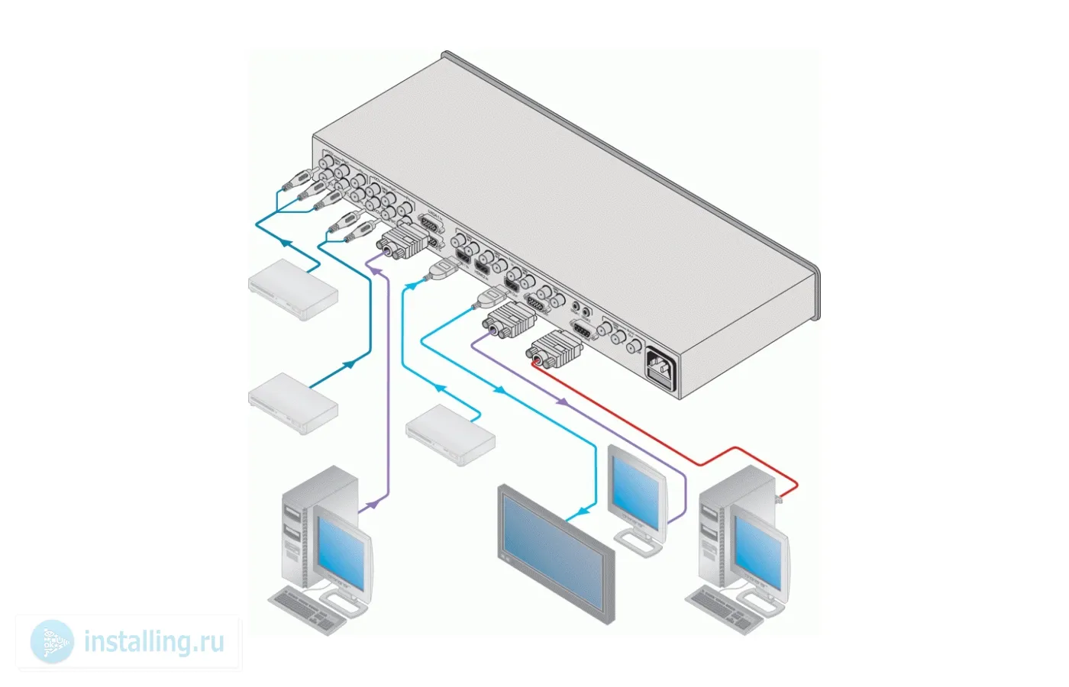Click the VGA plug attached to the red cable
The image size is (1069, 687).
pyautogui.click(x=554, y=350)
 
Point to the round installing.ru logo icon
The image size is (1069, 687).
pyautogui.click(x=53, y=641)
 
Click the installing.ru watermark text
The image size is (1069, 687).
pyautogui.click(x=153, y=641)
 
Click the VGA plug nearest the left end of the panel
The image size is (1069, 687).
pyautogui.click(x=402, y=240)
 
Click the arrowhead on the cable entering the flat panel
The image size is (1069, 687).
pyautogui.click(x=584, y=509)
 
